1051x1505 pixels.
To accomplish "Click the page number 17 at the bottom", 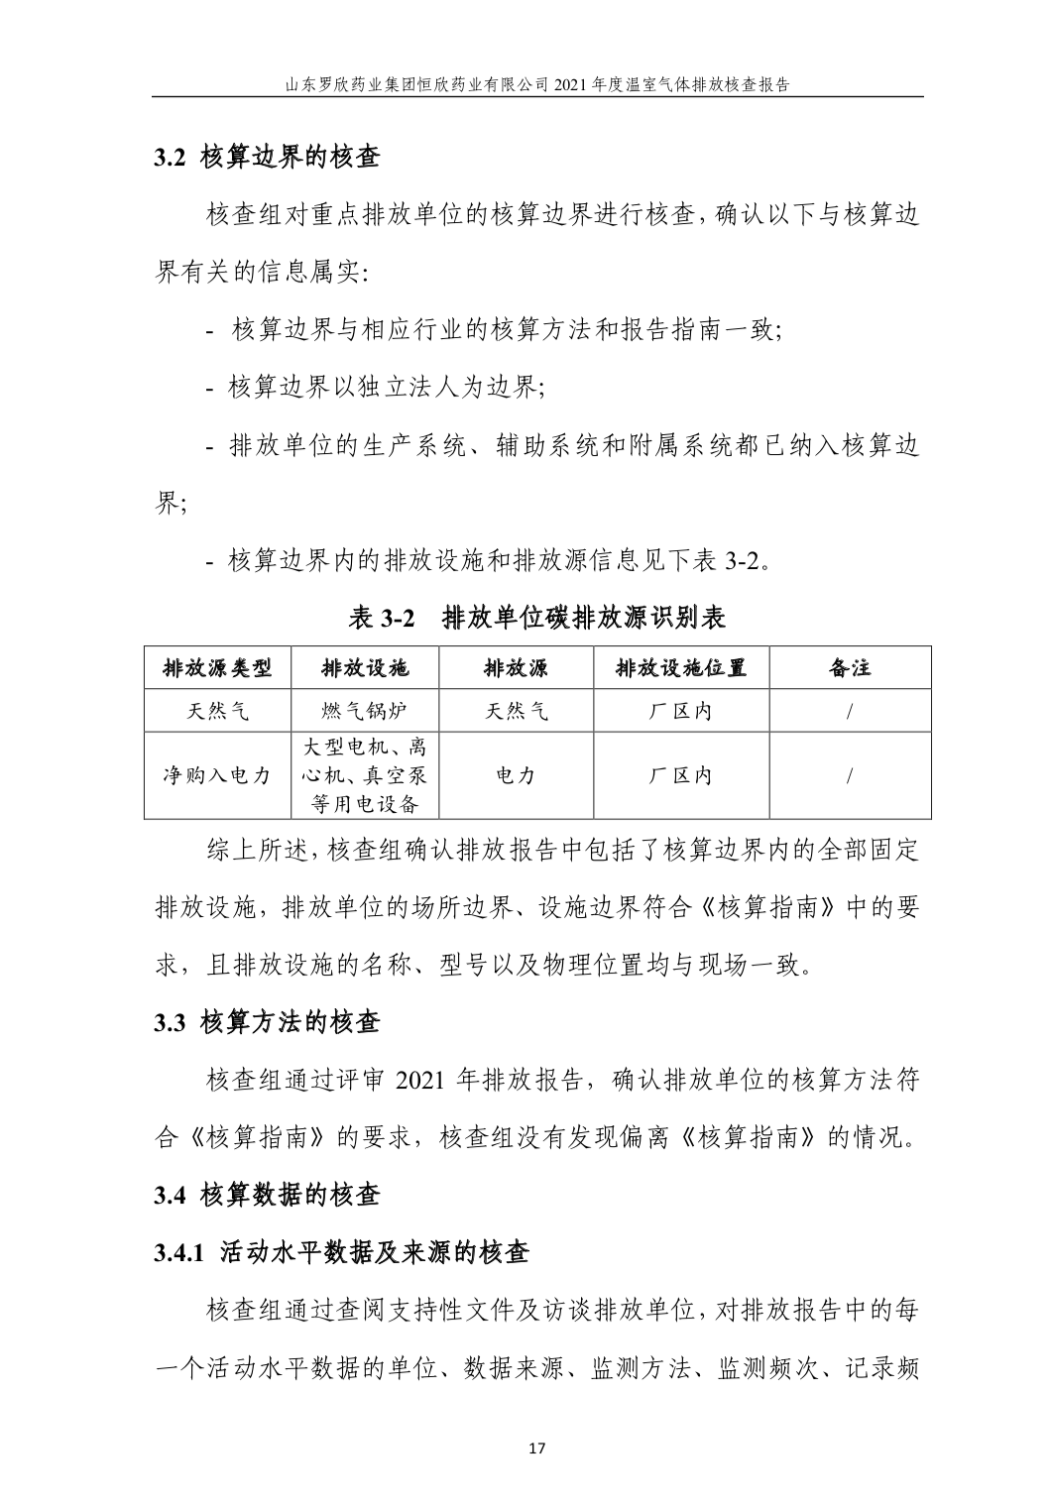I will [536, 1447].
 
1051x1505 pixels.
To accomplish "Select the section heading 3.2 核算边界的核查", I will [267, 157].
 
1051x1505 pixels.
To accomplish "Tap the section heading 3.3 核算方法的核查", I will [267, 1022].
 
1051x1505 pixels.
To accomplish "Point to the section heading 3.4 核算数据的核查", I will [267, 1195].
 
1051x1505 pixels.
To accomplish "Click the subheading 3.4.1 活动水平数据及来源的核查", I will [341, 1253].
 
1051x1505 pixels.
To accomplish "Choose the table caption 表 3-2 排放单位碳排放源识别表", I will [536, 618].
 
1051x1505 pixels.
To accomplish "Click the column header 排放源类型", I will [217, 667].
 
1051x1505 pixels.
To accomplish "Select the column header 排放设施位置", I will [680, 667].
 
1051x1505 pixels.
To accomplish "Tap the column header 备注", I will [850, 667].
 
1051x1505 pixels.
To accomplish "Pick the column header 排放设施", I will [364, 667].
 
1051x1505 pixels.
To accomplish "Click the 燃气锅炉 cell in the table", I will [364, 711].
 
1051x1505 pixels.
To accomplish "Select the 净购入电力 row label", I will [217, 775].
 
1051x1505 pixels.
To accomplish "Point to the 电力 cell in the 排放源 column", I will [515, 775].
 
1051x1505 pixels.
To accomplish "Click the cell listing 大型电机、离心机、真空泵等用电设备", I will [364, 775].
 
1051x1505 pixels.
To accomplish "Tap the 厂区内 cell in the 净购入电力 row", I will [680, 775].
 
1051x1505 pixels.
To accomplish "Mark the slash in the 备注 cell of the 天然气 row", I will [850, 711].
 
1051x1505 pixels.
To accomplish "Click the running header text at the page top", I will [536, 84].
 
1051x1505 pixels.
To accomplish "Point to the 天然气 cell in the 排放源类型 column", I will [217, 711].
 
